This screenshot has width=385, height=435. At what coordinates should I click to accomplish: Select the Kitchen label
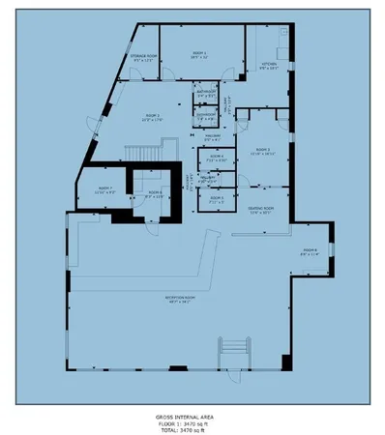[269, 65]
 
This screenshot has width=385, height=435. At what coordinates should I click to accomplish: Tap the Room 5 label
[215, 197]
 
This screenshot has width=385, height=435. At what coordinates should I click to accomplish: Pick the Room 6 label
[154, 191]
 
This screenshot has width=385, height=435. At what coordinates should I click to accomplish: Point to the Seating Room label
[261, 208]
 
